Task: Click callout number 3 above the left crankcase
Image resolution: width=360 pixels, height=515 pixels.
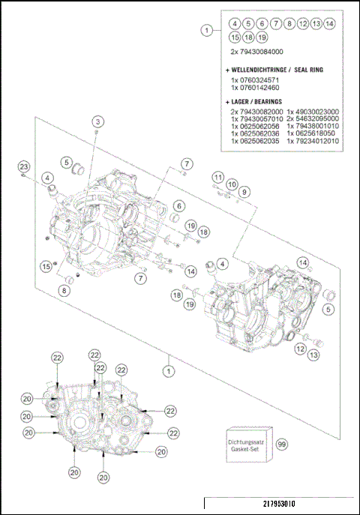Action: coord(98,121)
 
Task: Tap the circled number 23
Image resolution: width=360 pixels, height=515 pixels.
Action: coord(24,166)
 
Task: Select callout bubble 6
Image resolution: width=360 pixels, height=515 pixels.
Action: coord(180,205)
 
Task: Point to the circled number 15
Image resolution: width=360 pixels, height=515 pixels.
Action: coord(46,266)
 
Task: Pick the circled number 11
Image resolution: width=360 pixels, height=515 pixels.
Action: coord(218,177)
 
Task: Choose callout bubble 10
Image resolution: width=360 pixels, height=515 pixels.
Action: coord(231,184)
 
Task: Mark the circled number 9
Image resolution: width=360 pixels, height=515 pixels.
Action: coord(244,192)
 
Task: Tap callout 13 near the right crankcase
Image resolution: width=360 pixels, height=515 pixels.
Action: coord(313,355)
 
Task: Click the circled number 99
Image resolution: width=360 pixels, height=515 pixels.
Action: coord(282,444)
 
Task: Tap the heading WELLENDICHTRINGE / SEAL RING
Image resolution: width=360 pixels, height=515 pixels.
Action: coord(272,69)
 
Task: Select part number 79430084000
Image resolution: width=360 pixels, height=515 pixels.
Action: coord(259,52)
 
